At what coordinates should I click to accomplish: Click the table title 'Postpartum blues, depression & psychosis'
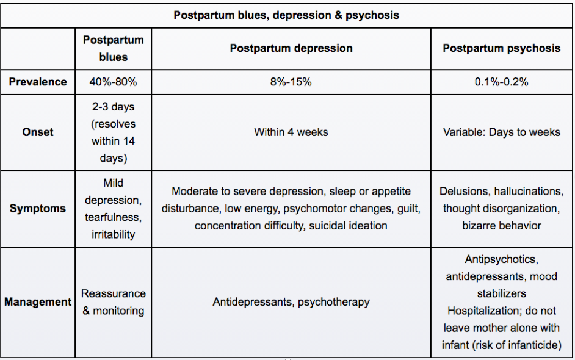click(x=286, y=15)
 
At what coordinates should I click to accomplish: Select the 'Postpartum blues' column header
click(x=113, y=48)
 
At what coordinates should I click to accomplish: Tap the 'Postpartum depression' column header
click(x=291, y=48)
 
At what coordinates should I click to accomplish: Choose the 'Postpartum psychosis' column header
click(x=501, y=48)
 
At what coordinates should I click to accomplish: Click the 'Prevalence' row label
click(x=38, y=82)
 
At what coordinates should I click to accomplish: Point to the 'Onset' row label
click(x=38, y=132)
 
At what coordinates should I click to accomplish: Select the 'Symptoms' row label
click(x=38, y=209)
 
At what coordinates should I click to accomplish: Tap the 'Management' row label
click(x=38, y=302)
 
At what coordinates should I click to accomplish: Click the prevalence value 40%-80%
click(x=113, y=82)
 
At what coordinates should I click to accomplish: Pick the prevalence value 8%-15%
click(x=291, y=82)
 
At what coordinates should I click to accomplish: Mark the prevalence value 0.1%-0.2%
click(x=501, y=82)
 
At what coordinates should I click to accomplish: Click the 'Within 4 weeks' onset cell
click(x=291, y=132)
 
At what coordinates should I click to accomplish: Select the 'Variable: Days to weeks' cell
click(x=501, y=132)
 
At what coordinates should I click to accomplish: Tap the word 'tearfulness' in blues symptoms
click(x=113, y=217)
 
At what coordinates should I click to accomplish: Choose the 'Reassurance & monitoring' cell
click(x=113, y=302)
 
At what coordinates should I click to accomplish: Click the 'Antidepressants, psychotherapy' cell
click(x=291, y=302)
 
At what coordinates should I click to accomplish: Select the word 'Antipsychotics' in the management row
click(x=501, y=259)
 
